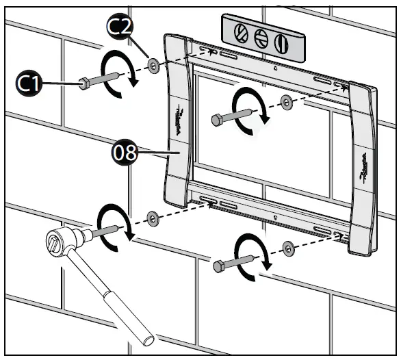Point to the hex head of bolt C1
click(x=82, y=83)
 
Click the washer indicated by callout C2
click(x=154, y=66)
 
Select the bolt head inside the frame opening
click(x=217, y=120)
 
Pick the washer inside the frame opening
click(x=285, y=103)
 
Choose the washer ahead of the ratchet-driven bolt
click(x=154, y=217)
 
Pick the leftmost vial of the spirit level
click(x=240, y=32)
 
